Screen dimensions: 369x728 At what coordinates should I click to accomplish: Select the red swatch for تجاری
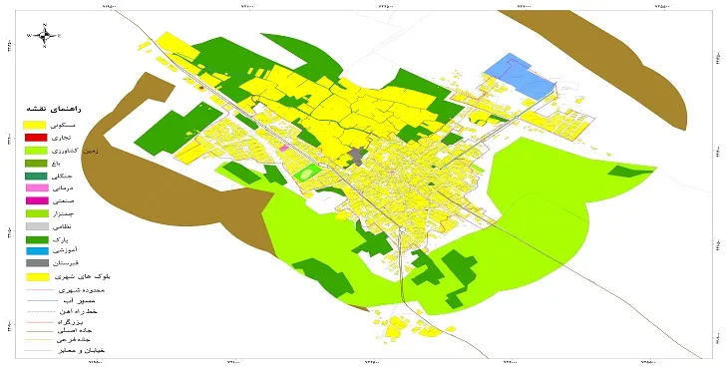(x=35, y=137)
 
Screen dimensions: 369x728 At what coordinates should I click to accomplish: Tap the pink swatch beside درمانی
(x=35, y=187)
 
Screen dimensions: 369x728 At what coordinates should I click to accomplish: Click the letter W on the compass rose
(x=31, y=35)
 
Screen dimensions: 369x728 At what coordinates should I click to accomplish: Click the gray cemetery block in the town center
(x=358, y=157)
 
